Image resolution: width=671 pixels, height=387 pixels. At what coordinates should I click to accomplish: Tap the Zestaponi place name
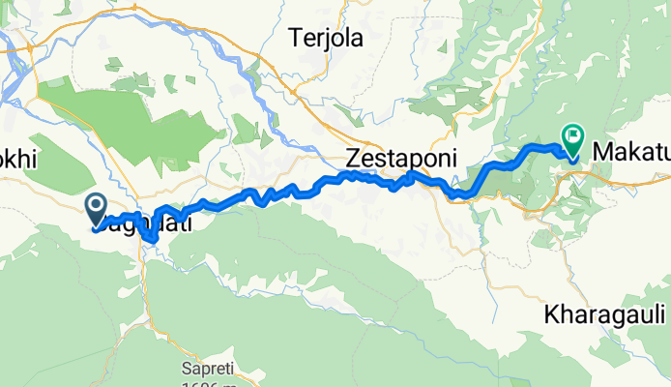click(x=401, y=158)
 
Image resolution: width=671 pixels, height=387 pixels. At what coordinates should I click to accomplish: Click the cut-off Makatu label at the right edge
click(x=630, y=152)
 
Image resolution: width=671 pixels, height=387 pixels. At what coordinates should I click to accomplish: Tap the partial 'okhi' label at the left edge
click(x=17, y=161)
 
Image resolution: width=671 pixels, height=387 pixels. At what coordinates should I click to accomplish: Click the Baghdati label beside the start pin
click(x=145, y=223)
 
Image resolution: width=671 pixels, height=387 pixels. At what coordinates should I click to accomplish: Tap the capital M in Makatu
click(x=602, y=152)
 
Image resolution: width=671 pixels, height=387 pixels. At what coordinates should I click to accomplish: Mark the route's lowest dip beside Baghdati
click(x=151, y=238)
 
